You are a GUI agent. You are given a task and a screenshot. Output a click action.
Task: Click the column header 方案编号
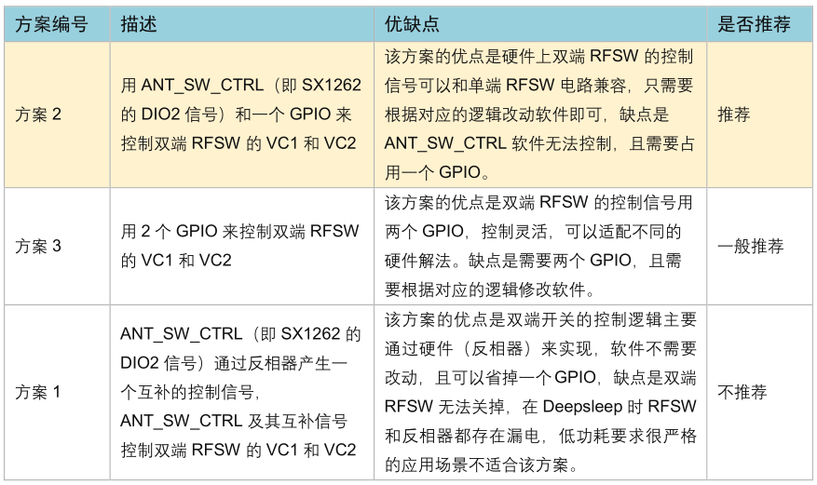click(x=51, y=24)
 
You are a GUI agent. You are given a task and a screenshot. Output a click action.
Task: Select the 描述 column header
click(x=139, y=24)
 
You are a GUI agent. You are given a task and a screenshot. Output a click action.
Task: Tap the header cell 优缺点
click(x=412, y=24)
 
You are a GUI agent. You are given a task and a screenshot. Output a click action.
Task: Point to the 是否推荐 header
click(x=754, y=24)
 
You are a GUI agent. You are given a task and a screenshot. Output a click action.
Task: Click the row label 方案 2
click(x=38, y=115)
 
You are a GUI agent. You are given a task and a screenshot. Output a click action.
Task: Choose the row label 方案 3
click(x=38, y=246)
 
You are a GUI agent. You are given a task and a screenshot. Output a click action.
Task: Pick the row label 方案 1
click(x=37, y=392)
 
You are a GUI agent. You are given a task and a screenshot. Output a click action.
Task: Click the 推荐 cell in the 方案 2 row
click(x=734, y=115)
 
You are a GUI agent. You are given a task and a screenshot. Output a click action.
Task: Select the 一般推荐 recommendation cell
click(x=750, y=246)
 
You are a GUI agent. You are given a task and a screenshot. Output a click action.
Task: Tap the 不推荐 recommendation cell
click(x=742, y=392)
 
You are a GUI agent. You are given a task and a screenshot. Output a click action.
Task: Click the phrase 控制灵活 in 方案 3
click(x=514, y=231)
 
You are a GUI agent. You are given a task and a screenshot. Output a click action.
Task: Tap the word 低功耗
click(x=584, y=436)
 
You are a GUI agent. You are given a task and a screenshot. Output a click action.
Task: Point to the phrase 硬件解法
click(x=417, y=261)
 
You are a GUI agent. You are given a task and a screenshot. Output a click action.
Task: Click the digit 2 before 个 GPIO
click(x=145, y=232)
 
